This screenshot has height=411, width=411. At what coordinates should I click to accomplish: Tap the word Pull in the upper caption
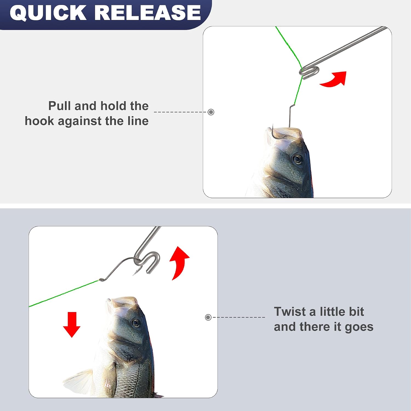(x=60, y=106)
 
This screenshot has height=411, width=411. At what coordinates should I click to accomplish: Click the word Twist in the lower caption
(x=290, y=312)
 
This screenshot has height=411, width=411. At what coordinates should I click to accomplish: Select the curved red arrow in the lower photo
(x=179, y=262)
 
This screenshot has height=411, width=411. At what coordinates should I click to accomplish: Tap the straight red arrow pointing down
(x=72, y=325)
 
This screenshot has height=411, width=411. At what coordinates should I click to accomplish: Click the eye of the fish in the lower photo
(x=135, y=323)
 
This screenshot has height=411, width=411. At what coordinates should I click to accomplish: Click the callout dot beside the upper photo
(x=211, y=112)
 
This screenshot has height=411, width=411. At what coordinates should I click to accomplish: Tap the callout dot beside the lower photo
(x=208, y=317)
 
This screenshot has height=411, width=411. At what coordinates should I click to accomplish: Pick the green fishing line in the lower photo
(x=65, y=293)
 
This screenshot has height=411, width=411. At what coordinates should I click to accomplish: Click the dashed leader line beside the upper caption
(x=181, y=112)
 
